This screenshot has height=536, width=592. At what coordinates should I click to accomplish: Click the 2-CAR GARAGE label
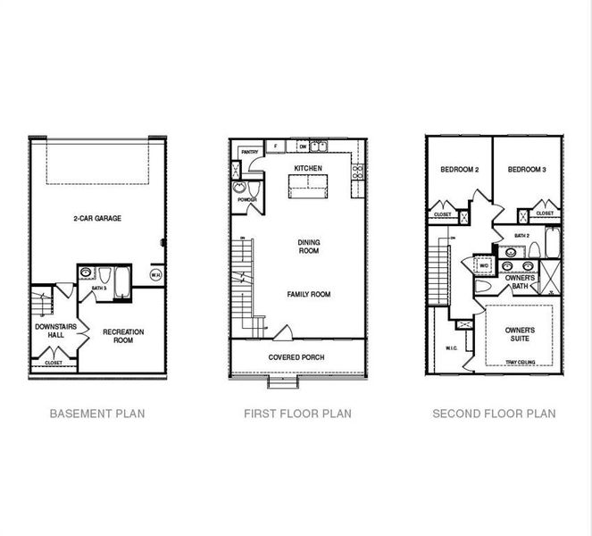click(x=97, y=218)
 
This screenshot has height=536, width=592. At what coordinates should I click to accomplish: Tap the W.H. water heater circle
click(x=155, y=275)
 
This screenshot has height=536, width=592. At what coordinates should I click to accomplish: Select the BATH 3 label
click(x=99, y=289)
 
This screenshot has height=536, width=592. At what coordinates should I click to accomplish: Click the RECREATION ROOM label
click(x=124, y=336)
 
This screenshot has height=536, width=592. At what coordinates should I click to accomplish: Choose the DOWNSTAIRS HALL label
click(x=54, y=332)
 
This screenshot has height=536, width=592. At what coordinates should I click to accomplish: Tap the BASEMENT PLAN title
click(x=97, y=414)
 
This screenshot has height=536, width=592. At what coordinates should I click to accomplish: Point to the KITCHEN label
click(x=308, y=168)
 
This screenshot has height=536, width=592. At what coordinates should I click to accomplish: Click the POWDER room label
click(x=247, y=200)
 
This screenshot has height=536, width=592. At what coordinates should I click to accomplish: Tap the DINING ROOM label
click(x=308, y=246)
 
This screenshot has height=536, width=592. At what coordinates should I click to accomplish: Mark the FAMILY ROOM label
click(x=308, y=294)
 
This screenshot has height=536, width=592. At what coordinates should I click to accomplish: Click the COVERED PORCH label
click(x=296, y=357)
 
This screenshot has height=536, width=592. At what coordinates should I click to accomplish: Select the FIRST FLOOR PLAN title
click(x=297, y=414)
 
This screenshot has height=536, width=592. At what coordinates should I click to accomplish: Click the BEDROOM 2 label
click(x=460, y=170)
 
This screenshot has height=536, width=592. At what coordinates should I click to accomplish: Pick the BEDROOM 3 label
click(x=527, y=170)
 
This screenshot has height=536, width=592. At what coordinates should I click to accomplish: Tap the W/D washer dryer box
click(x=484, y=265)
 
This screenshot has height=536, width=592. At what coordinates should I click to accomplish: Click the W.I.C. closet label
click(x=450, y=348)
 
